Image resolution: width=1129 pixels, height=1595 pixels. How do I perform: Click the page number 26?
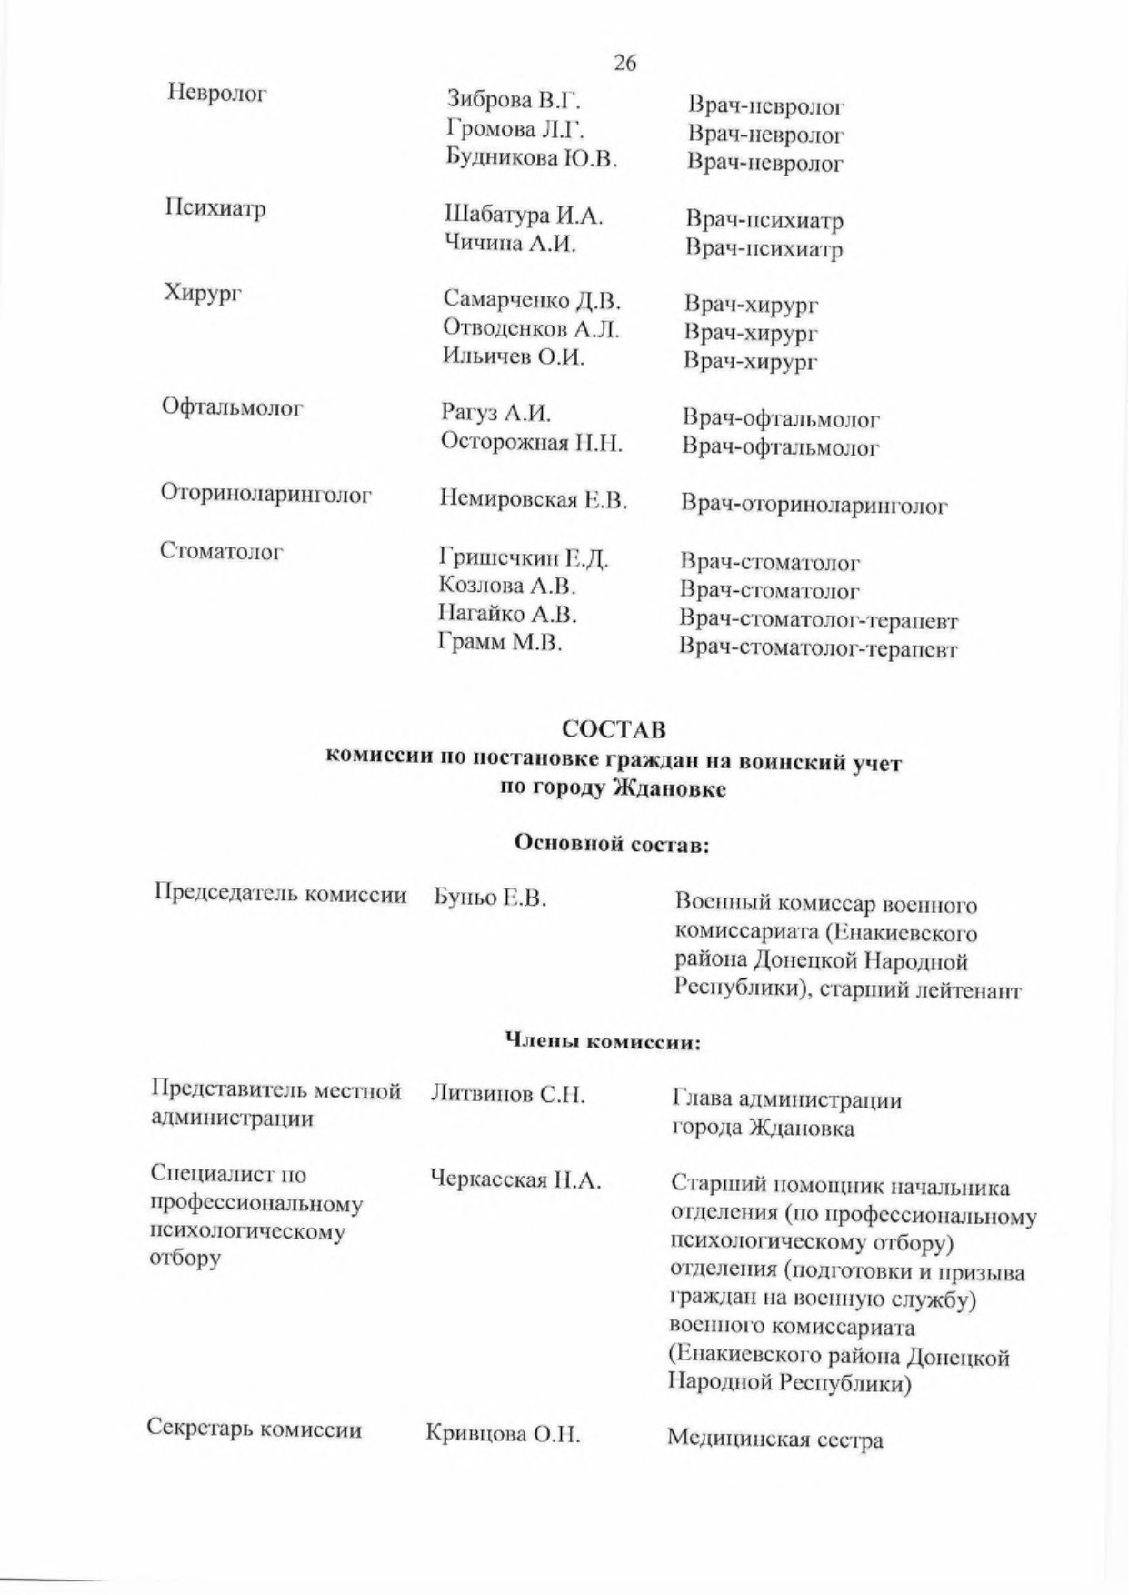coord(624,63)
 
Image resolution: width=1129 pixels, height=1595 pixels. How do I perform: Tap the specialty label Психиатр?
coord(215,209)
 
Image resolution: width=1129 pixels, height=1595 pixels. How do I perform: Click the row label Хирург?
coord(202,293)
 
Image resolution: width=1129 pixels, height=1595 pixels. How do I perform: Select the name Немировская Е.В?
coord(534,499)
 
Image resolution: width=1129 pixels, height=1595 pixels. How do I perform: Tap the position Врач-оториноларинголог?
coord(814,506)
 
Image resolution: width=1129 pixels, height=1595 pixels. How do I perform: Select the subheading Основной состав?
coord(612,844)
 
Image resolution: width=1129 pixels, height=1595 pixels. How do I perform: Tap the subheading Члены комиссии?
coord(603,1041)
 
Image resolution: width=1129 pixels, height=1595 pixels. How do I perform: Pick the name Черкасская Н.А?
coord(515,1180)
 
